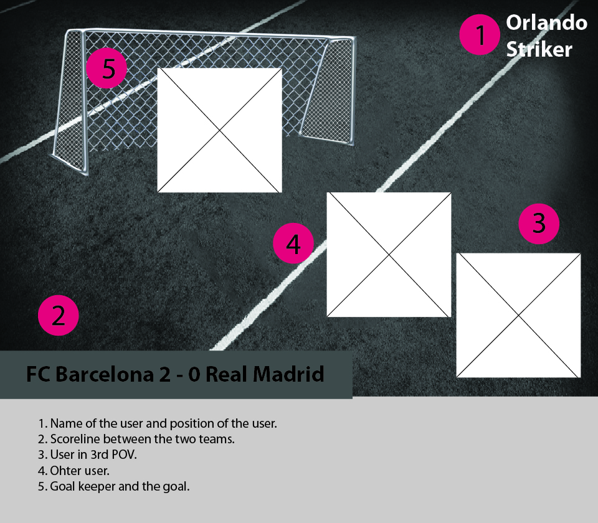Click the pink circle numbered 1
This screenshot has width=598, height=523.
point(480,35)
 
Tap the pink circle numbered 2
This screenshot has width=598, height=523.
point(58,316)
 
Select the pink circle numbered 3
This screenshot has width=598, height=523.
point(539,223)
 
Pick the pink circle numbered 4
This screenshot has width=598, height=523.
point(293,244)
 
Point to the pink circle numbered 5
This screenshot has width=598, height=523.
point(107,68)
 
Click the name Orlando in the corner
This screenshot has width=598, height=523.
point(546,23)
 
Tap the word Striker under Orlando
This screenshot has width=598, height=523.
point(539,50)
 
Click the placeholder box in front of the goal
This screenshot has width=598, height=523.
point(219,130)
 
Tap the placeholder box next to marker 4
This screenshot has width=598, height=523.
point(389,254)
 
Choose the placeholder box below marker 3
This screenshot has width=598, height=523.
point(518,315)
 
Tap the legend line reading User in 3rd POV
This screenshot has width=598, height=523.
point(87,455)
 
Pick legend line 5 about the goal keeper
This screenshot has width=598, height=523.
point(113,486)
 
